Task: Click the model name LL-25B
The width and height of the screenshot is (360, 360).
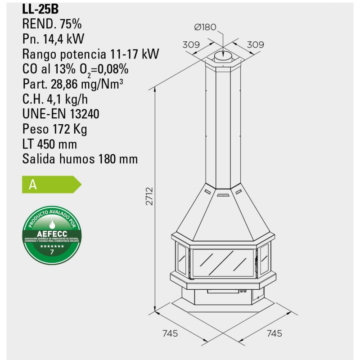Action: coord(40,8)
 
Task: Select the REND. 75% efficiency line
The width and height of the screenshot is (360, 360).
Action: coord(52,23)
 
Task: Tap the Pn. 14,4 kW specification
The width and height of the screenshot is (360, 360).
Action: coord(54,39)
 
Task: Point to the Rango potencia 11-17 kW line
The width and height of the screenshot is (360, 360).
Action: coord(90,54)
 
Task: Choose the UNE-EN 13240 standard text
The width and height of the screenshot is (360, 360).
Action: coord(60,114)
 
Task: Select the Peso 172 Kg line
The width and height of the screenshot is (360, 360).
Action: coord(54,130)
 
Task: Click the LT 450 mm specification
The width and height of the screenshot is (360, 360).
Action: coord(49,144)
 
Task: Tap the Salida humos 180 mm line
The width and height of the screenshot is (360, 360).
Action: coord(80,159)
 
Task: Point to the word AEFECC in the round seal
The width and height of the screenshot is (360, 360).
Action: coord(52,233)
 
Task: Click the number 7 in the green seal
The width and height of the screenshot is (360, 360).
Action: coord(52,252)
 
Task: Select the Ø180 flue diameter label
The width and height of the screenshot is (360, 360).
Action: coord(205,27)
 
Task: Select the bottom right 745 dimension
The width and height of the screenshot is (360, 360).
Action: coord(274,333)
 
